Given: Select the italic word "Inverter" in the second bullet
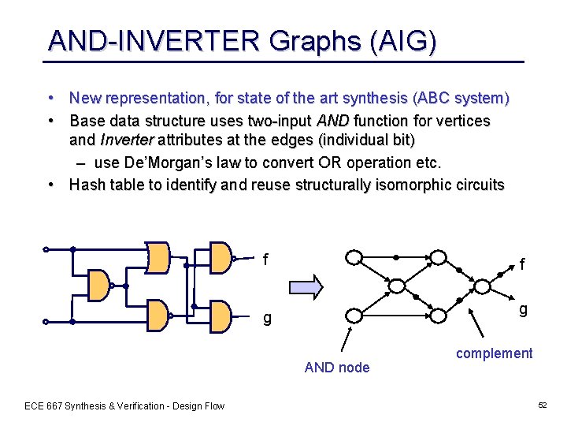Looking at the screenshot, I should (x=128, y=140).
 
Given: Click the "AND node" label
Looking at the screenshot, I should (x=336, y=367).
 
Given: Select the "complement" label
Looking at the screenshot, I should (x=494, y=353).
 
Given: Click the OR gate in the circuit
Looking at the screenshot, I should (x=158, y=256).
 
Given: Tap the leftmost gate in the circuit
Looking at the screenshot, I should (x=99, y=285).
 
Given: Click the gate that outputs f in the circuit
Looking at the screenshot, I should (x=221, y=256).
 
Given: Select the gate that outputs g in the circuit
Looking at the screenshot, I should (x=221, y=316).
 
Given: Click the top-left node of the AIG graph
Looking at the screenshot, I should (x=354, y=257).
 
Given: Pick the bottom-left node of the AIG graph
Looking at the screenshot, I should (x=354, y=316).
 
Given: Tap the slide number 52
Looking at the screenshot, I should (x=542, y=405).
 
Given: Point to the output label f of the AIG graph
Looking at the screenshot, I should (x=522, y=266).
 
